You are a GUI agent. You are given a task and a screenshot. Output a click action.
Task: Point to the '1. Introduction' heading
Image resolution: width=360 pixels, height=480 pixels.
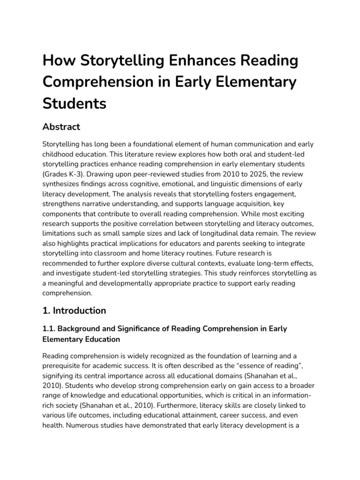[75, 310]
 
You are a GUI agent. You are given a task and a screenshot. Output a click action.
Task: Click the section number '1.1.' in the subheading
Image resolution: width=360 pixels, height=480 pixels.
[50, 329]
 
